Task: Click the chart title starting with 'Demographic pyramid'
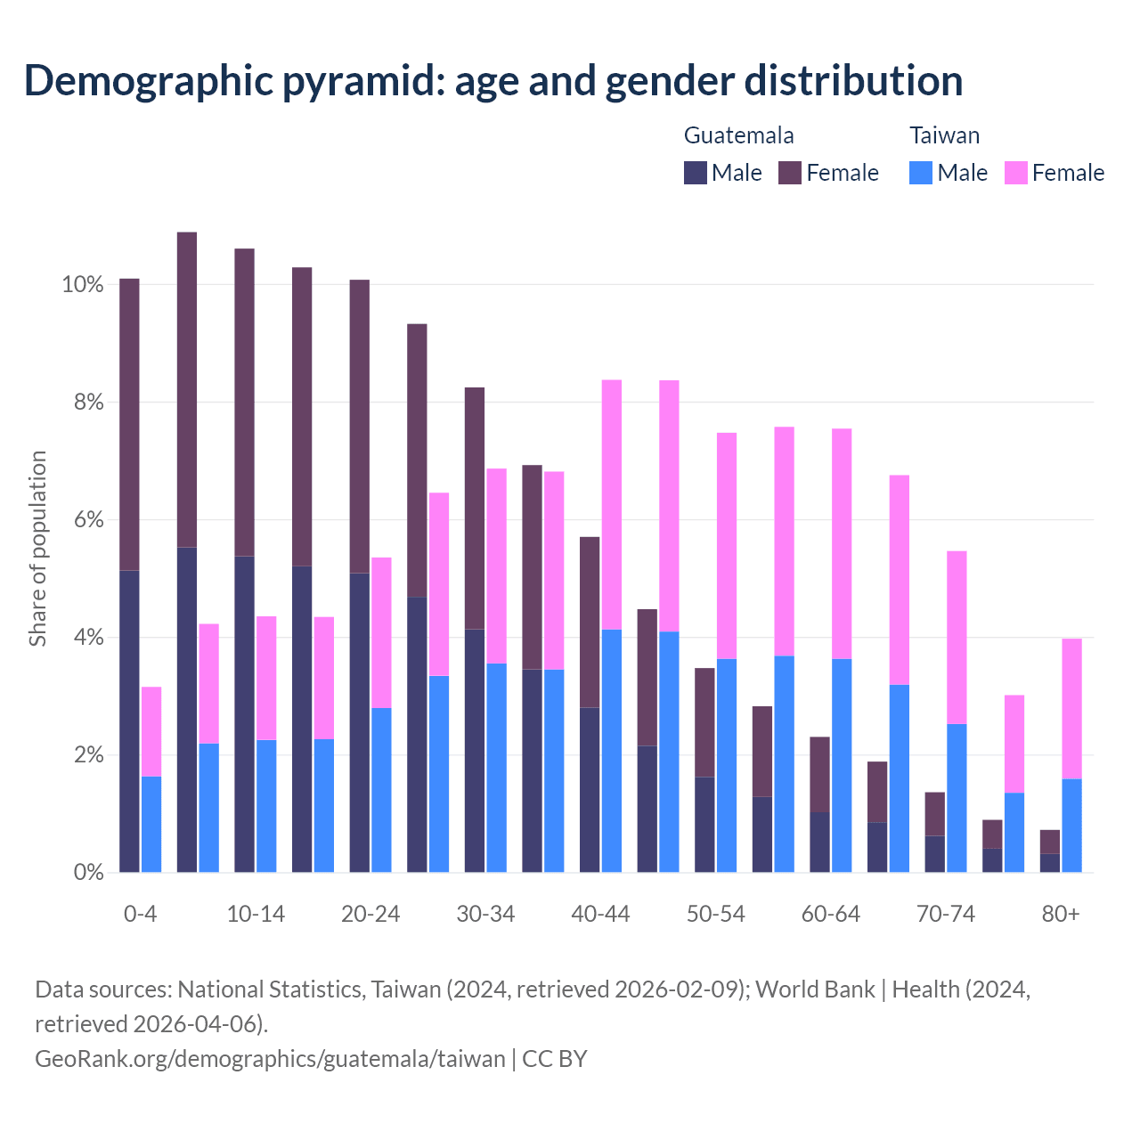(493, 81)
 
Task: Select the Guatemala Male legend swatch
(696, 173)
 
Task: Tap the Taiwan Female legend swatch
(1015, 173)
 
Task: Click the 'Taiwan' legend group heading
(944, 135)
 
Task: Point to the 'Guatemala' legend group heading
(738, 135)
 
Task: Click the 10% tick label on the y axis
(83, 285)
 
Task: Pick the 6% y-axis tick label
(88, 520)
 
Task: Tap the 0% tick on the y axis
(88, 873)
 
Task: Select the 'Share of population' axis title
(37, 548)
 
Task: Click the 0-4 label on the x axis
(141, 915)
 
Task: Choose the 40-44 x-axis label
(600, 915)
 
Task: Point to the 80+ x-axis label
(1061, 915)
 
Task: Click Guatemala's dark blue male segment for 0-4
(129, 721)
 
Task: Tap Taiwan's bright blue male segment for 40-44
(612, 751)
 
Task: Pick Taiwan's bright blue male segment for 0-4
(151, 824)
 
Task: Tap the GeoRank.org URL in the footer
(270, 1059)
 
